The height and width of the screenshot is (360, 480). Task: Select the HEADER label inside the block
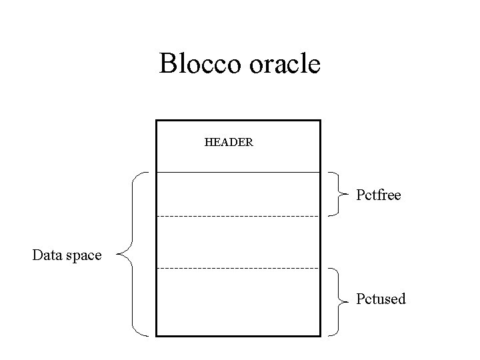point(228,143)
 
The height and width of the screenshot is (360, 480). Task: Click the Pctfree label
point(378,195)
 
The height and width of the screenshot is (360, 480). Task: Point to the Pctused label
point(380,299)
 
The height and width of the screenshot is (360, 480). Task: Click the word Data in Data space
point(47,255)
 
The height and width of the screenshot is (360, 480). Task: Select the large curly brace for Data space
point(133,253)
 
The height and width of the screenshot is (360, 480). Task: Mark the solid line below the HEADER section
point(237,172)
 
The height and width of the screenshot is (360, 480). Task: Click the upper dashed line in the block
point(237,217)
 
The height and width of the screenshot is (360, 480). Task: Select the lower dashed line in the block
point(237,268)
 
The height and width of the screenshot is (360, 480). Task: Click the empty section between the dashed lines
point(237,242)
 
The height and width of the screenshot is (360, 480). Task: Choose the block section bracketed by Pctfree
point(237,194)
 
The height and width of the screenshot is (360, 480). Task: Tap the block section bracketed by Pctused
point(237,301)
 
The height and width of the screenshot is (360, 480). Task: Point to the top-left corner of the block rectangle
point(156,121)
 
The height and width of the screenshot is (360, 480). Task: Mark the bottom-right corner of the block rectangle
point(320,335)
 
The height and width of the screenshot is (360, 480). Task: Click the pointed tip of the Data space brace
point(117,253)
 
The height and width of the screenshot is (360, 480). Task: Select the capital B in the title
point(167,64)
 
